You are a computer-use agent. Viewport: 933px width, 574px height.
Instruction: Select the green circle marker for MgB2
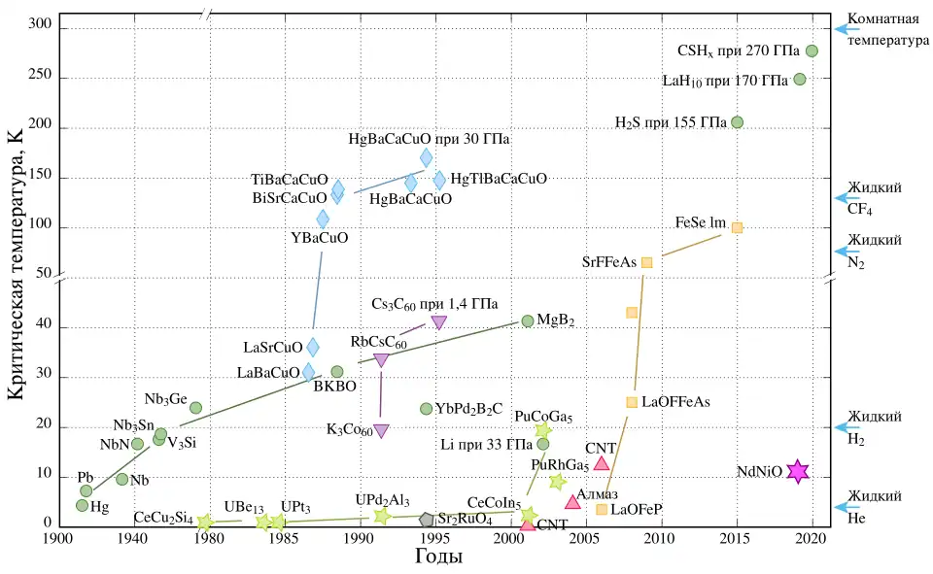coord(528,321)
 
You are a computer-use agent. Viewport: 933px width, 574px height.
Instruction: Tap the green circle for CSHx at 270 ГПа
coord(812,51)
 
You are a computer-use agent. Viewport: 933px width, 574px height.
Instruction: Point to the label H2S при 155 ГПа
coord(671,122)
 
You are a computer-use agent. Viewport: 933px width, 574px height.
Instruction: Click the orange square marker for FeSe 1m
coord(737,227)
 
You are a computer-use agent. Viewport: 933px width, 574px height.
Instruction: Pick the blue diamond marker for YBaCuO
coord(323,219)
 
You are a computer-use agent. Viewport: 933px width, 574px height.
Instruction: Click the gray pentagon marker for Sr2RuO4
coord(427,520)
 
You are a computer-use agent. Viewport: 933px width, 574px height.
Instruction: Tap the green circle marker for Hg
coord(83,505)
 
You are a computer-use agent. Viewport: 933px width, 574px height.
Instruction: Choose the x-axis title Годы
coord(438,557)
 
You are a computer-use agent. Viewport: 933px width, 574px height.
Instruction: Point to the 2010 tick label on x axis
coord(661,540)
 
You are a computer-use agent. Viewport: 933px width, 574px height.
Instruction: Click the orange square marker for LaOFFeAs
coord(632,402)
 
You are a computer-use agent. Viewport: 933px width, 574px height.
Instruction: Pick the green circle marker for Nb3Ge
coord(195,408)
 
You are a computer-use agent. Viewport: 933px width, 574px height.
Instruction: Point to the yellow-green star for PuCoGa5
coord(543,430)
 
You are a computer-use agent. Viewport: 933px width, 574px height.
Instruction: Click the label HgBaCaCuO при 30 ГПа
coord(430,139)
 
